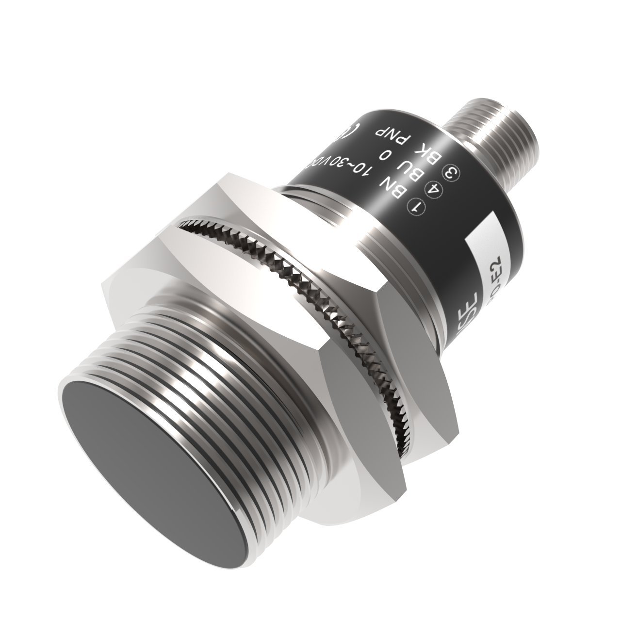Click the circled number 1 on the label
point(416,207)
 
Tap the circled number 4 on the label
point(431,189)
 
